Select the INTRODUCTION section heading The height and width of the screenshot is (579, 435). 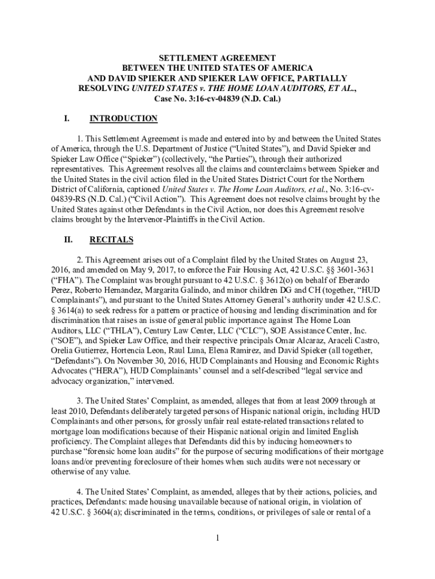[124, 119]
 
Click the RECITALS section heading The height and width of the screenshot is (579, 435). [111, 240]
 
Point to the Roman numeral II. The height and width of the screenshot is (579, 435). [68, 240]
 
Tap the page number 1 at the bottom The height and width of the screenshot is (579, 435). [217, 537]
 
